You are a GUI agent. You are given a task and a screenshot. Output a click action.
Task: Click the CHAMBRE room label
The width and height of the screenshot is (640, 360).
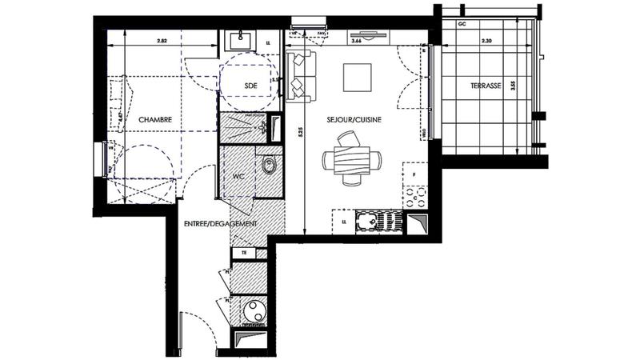(x=156, y=120)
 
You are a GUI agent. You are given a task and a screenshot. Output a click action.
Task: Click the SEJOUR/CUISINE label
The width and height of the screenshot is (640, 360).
(x=354, y=120)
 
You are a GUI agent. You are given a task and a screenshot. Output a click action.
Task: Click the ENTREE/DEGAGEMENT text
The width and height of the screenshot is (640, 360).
(x=220, y=224)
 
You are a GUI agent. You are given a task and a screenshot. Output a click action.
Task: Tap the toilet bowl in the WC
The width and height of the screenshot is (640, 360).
(x=269, y=166)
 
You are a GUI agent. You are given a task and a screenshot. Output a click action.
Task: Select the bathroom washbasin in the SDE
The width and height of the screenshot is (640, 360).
(x=239, y=38)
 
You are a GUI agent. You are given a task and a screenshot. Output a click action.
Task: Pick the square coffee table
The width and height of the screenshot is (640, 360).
(x=357, y=78)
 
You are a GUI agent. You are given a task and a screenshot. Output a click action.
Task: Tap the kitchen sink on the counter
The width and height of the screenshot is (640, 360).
(x=371, y=221)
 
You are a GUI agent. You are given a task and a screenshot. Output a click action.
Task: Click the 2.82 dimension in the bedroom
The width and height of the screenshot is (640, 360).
(x=162, y=40)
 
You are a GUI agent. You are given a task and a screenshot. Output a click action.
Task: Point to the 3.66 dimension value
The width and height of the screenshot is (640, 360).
(x=358, y=39)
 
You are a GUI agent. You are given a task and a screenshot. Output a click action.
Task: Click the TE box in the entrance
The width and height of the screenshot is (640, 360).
(x=242, y=254)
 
